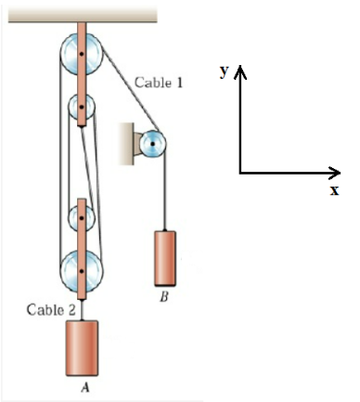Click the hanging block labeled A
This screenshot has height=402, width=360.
coord(84,346)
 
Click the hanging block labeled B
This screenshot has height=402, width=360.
coord(167,257)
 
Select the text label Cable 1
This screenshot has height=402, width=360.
coord(159,83)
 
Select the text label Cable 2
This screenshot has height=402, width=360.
coord(44,310)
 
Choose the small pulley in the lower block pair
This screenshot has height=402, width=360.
coord(82,219)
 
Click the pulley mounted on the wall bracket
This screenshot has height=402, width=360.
coord(152,143)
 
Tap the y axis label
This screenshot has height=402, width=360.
coord(225,71)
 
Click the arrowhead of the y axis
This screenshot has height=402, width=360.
coord(240,71)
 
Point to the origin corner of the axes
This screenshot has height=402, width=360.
coord(240,173)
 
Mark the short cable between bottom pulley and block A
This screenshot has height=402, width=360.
coord(82,309)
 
